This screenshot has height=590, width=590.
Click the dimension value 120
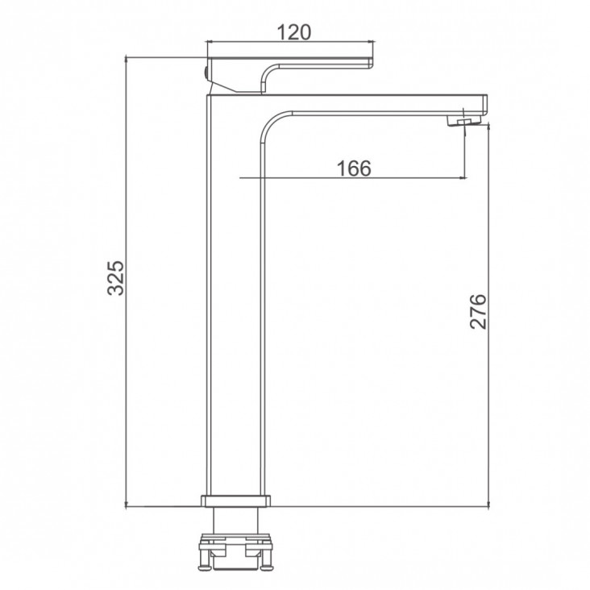coord(294,32)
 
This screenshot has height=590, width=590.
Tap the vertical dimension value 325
coord(116,278)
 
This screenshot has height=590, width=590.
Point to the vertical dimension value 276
coord(478,312)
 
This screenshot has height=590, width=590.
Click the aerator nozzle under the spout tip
coord(464,121)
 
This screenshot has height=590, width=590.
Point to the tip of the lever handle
coord(371,63)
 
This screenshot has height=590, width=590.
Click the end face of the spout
coord(485,105)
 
